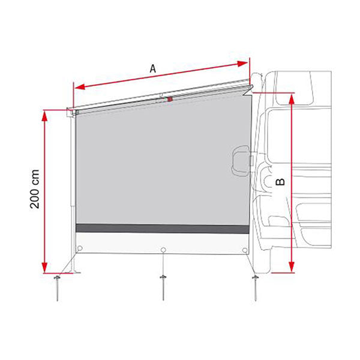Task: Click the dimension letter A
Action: point(152,69)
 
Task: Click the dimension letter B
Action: point(280,182)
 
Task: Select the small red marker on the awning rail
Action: point(170,99)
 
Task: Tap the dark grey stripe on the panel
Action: point(162,229)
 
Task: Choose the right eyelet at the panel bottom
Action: point(244,250)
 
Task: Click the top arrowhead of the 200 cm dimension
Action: point(44,113)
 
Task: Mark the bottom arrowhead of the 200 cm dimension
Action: point(44,268)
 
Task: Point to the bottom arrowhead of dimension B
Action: point(291,268)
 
